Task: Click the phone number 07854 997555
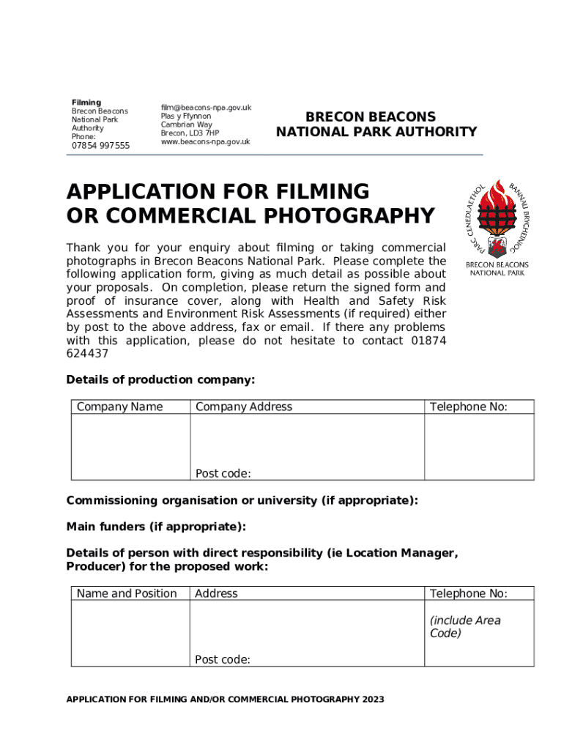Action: click(100, 146)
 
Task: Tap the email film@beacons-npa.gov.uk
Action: click(206, 108)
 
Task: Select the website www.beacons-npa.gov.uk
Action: click(205, 142)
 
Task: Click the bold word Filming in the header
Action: click(86, 103)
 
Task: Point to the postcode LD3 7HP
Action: click(204, 133)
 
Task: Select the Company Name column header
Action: click(119, 407)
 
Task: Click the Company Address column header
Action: click(243, 407)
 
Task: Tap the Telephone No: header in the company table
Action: click(468, 407)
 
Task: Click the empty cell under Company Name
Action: click(130, 447)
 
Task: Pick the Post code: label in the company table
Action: click(223, 474)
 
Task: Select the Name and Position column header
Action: click(127, 594)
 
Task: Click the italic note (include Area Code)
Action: click(465, 627)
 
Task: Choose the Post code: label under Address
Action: click(223, 660)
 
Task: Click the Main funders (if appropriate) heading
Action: click(156, 527)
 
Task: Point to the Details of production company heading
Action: click(160, 379)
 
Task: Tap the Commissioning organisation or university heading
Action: click(242, 500)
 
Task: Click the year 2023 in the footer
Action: click(372, 699)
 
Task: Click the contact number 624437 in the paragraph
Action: click(87, 354)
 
